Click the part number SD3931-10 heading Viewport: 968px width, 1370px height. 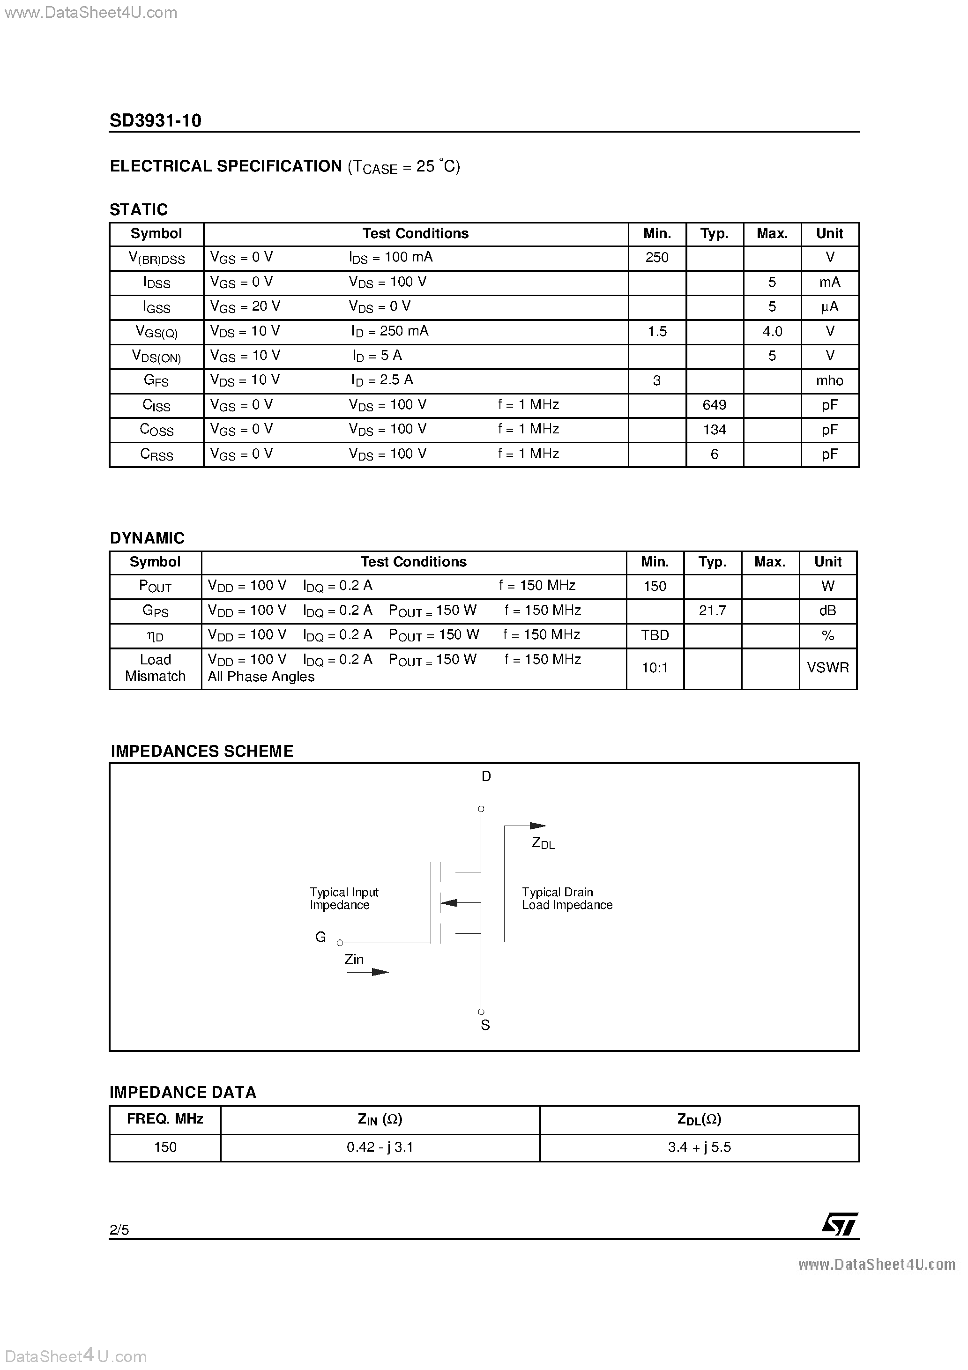(x=155, y=120)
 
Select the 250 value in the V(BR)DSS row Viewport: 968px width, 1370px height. (x=656, y=257)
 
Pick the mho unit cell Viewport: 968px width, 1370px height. (x=829, y=381)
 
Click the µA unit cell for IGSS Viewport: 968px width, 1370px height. (x=829, y=307)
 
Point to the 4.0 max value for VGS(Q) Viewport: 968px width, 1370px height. (x=772, y=331)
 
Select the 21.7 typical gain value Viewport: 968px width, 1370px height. (x=712, y=611)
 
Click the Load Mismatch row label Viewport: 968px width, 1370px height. (x=155, y=668)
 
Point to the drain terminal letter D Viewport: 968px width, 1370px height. (x=486, y=776)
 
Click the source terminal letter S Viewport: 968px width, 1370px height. (x=485, y=1025)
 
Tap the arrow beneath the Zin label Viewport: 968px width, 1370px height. (x=368, y=972)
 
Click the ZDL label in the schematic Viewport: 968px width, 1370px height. (x=543, y=843)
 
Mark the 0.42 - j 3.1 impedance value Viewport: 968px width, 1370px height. (x=380, y=1147)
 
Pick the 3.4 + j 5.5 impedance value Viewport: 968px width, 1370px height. (x=699, y=1147)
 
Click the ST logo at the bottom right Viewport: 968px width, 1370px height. (x=840, y=1224)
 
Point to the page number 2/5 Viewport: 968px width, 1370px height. (x=119, y=1229)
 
